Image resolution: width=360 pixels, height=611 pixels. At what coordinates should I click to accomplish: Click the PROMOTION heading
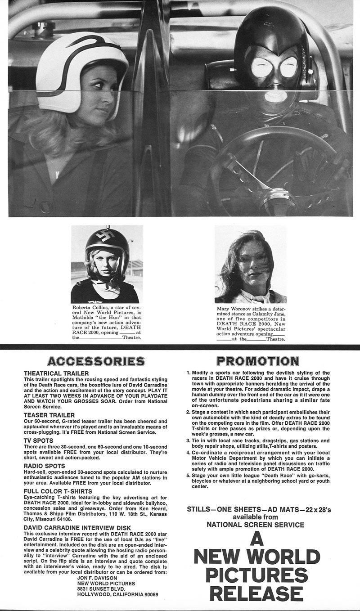point(258,361)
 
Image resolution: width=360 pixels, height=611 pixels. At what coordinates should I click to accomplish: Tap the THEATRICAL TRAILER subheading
point(56,373)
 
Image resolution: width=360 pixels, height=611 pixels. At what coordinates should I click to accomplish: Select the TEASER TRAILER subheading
point(49,415)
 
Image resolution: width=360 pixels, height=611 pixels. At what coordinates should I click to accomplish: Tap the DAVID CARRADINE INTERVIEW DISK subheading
point(77,527)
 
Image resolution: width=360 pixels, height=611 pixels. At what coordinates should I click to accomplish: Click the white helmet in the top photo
point(81,63)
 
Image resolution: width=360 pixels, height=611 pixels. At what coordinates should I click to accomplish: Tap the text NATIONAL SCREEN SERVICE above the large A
point(255,524)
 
